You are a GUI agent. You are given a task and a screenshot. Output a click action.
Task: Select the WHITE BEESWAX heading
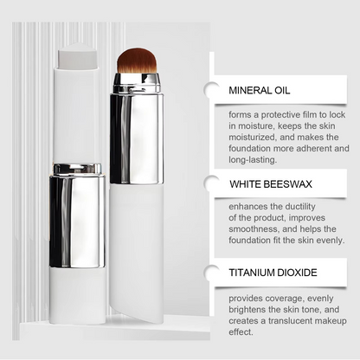coord(270,183)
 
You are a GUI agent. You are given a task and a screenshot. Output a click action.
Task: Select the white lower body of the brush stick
coord(137,251)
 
